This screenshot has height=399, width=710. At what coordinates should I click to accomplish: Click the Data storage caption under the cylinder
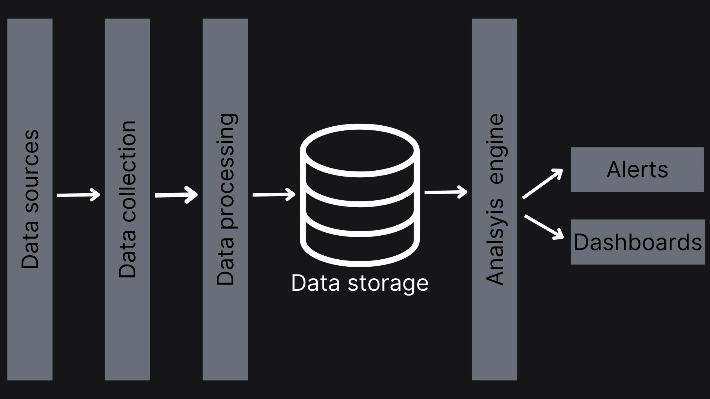click(359, 283)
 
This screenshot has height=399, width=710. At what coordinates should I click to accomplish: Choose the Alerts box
click(637, 170)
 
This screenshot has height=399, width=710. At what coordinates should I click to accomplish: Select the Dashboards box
click(638, 242)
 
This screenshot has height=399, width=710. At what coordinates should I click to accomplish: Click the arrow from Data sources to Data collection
click(79, 195)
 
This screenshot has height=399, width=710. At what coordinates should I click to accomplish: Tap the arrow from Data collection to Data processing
click(176, 195)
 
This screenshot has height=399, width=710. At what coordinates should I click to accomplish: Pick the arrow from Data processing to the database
click(274, 194)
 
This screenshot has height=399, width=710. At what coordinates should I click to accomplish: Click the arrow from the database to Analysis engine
click(446, 192)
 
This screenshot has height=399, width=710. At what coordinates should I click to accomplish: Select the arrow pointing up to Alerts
click(542, 184)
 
